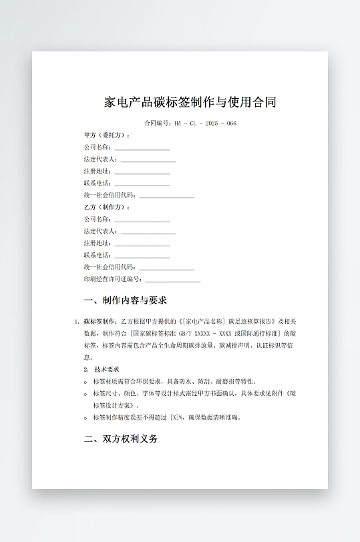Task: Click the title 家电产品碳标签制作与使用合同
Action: point(190,102)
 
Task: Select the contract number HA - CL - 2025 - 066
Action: point(205,123)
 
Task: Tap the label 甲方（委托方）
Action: point(107,135)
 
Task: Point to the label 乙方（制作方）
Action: point(107,207)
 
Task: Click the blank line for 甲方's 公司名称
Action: point(142,148)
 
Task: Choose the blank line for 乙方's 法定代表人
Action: point(148,232)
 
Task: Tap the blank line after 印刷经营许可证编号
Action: point(172,280)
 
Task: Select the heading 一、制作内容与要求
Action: point(125,300)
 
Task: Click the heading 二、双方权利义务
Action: point(121,439)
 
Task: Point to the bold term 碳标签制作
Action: point(100,321)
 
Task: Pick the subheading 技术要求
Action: point(106,369)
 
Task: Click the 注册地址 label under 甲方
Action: point(98,172)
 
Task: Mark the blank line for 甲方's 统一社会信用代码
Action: point(166,196)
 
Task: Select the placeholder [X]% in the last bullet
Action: point(178,418)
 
